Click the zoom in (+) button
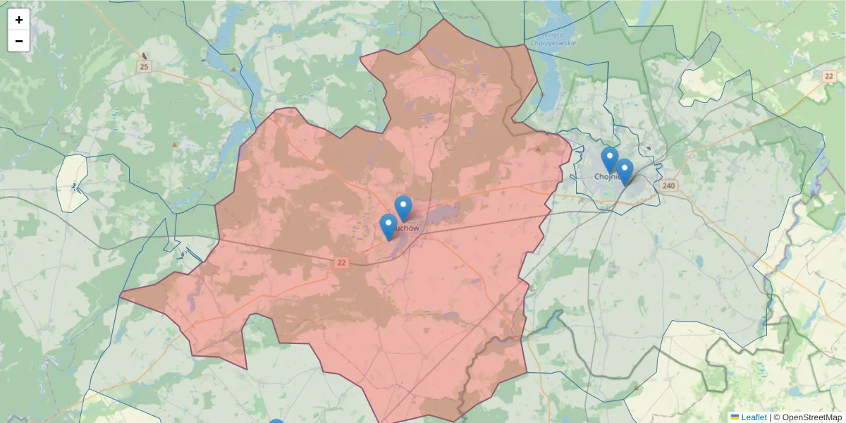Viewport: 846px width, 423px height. pos(19,20)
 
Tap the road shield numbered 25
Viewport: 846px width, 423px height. pos(145,67)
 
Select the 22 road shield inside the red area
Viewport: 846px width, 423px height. pos(342,262)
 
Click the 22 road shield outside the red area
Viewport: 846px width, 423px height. pos(830,75)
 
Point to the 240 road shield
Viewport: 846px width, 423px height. pos(669,186)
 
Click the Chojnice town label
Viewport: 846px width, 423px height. pos(605,177)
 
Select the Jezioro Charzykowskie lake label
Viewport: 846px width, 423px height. pos(560,39)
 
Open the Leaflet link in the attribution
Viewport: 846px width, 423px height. pos(753,417)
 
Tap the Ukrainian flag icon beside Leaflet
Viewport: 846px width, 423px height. pos(735,417)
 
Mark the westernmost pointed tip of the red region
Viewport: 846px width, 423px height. pos(121,295)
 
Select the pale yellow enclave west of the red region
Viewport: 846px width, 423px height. pos(73,183)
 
